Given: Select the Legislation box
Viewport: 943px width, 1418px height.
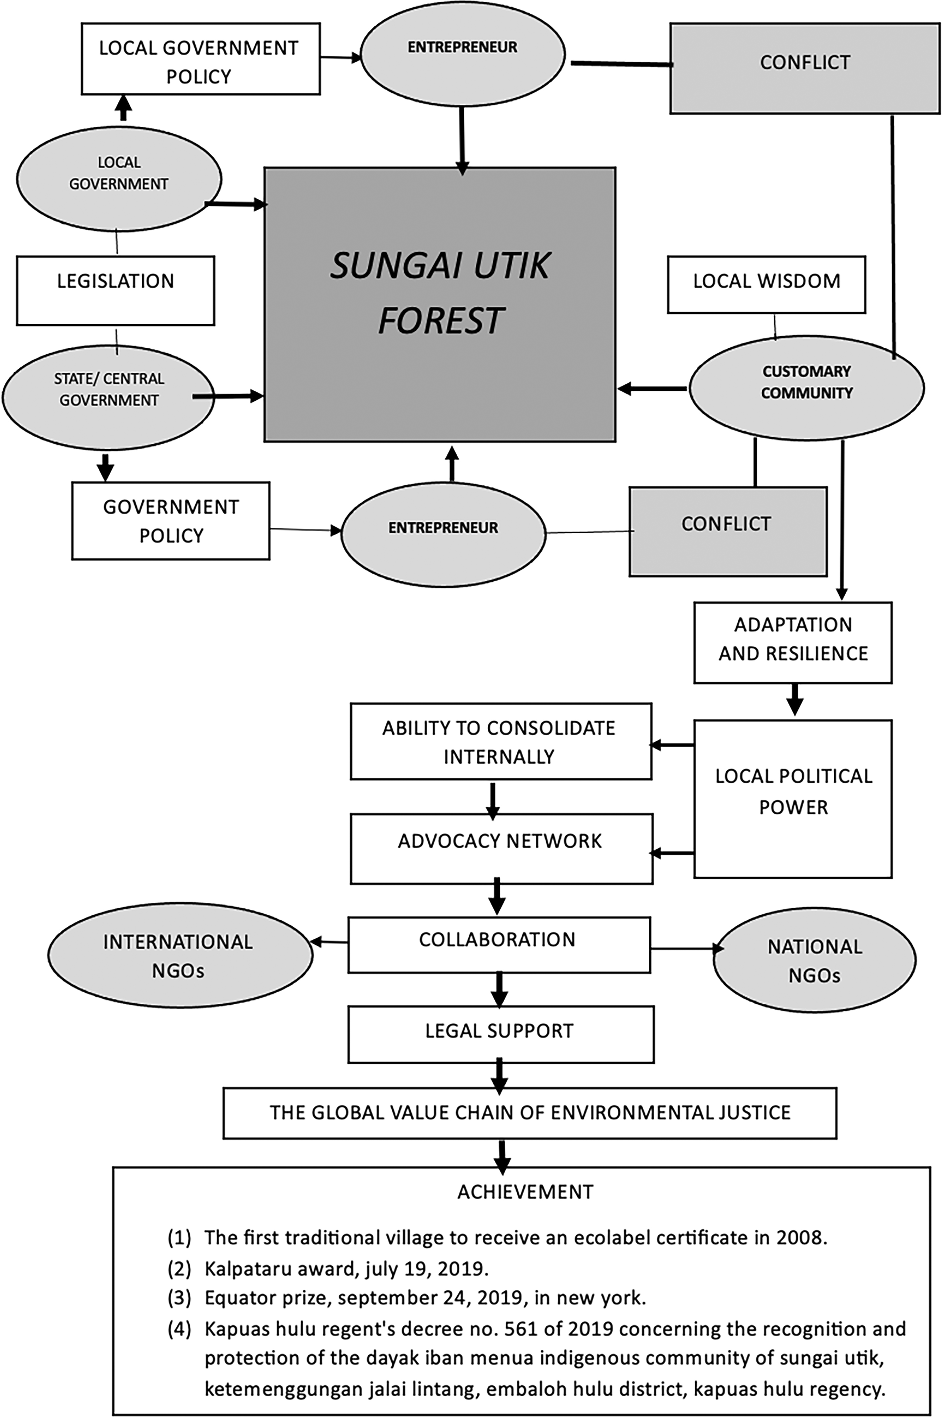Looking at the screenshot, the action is [115, 290].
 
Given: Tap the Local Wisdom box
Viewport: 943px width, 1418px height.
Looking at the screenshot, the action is [766, 284].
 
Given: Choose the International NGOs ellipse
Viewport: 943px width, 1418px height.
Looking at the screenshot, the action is [180, 954].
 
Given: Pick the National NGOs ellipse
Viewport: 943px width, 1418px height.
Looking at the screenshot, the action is [814, 960].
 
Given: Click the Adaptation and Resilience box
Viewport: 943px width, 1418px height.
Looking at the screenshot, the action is [793, 642].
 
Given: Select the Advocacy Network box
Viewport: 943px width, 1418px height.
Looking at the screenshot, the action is [502, 848].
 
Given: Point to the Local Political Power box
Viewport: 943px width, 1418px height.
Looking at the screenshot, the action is [793, 799].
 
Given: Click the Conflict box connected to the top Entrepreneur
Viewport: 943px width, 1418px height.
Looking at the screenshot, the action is [805, 68].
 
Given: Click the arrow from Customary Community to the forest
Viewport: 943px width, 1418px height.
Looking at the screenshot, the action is [653, 388].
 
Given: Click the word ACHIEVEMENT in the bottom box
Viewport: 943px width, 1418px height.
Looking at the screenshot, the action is [525, 1192].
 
